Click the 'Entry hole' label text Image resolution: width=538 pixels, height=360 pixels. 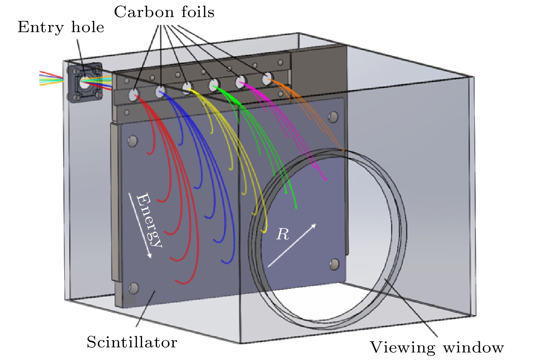click(61, 27)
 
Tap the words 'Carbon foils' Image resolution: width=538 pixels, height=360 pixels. click(164, 12)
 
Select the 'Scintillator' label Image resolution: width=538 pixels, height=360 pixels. click(132, 342)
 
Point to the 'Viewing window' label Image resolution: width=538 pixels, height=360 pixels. click(437, 347)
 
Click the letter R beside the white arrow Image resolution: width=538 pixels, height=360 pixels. click(282, 234)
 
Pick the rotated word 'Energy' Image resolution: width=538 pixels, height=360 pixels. click(149, 221)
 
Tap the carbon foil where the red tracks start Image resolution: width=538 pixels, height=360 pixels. click(134, 94)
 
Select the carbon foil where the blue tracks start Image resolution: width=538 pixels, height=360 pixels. click(160, 92)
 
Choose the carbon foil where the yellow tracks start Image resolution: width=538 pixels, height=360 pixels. click(187, 88)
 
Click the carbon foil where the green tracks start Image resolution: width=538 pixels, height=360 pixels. click(214, 84)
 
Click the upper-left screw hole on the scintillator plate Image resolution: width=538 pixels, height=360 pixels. click(133, 141)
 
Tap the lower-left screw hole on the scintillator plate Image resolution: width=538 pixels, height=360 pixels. click(134, 288)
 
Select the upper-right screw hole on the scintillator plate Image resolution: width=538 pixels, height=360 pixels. click(333, 117)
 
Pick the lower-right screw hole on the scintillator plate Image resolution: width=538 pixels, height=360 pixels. click(334, 264)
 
